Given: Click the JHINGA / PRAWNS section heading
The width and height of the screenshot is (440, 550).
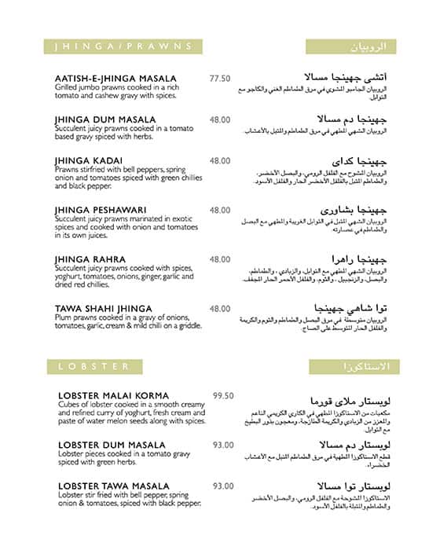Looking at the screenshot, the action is pos(124,46).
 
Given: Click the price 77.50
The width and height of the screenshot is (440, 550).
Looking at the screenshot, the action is pos(220,79).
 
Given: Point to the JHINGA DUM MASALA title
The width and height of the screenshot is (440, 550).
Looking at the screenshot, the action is pos(105,120).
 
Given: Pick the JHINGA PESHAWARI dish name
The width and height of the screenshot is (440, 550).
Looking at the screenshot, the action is pos(101,210).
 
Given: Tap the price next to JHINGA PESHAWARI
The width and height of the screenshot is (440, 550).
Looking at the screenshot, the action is pos(220,210).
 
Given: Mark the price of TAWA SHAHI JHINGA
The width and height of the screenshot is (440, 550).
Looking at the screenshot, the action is pos(220,309).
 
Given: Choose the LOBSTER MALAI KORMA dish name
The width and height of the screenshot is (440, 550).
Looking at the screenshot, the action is pos(114,395).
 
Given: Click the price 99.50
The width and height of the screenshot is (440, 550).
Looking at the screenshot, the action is pos(223,395).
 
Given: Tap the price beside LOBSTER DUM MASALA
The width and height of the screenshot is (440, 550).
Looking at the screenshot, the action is pos(223,445).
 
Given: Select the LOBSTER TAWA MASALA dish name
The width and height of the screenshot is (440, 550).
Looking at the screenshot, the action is pos(114,486).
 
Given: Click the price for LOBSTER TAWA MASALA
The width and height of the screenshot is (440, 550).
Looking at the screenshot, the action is pos(223,486).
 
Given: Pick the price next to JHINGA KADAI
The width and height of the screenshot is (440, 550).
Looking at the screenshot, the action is pos(220,160).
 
